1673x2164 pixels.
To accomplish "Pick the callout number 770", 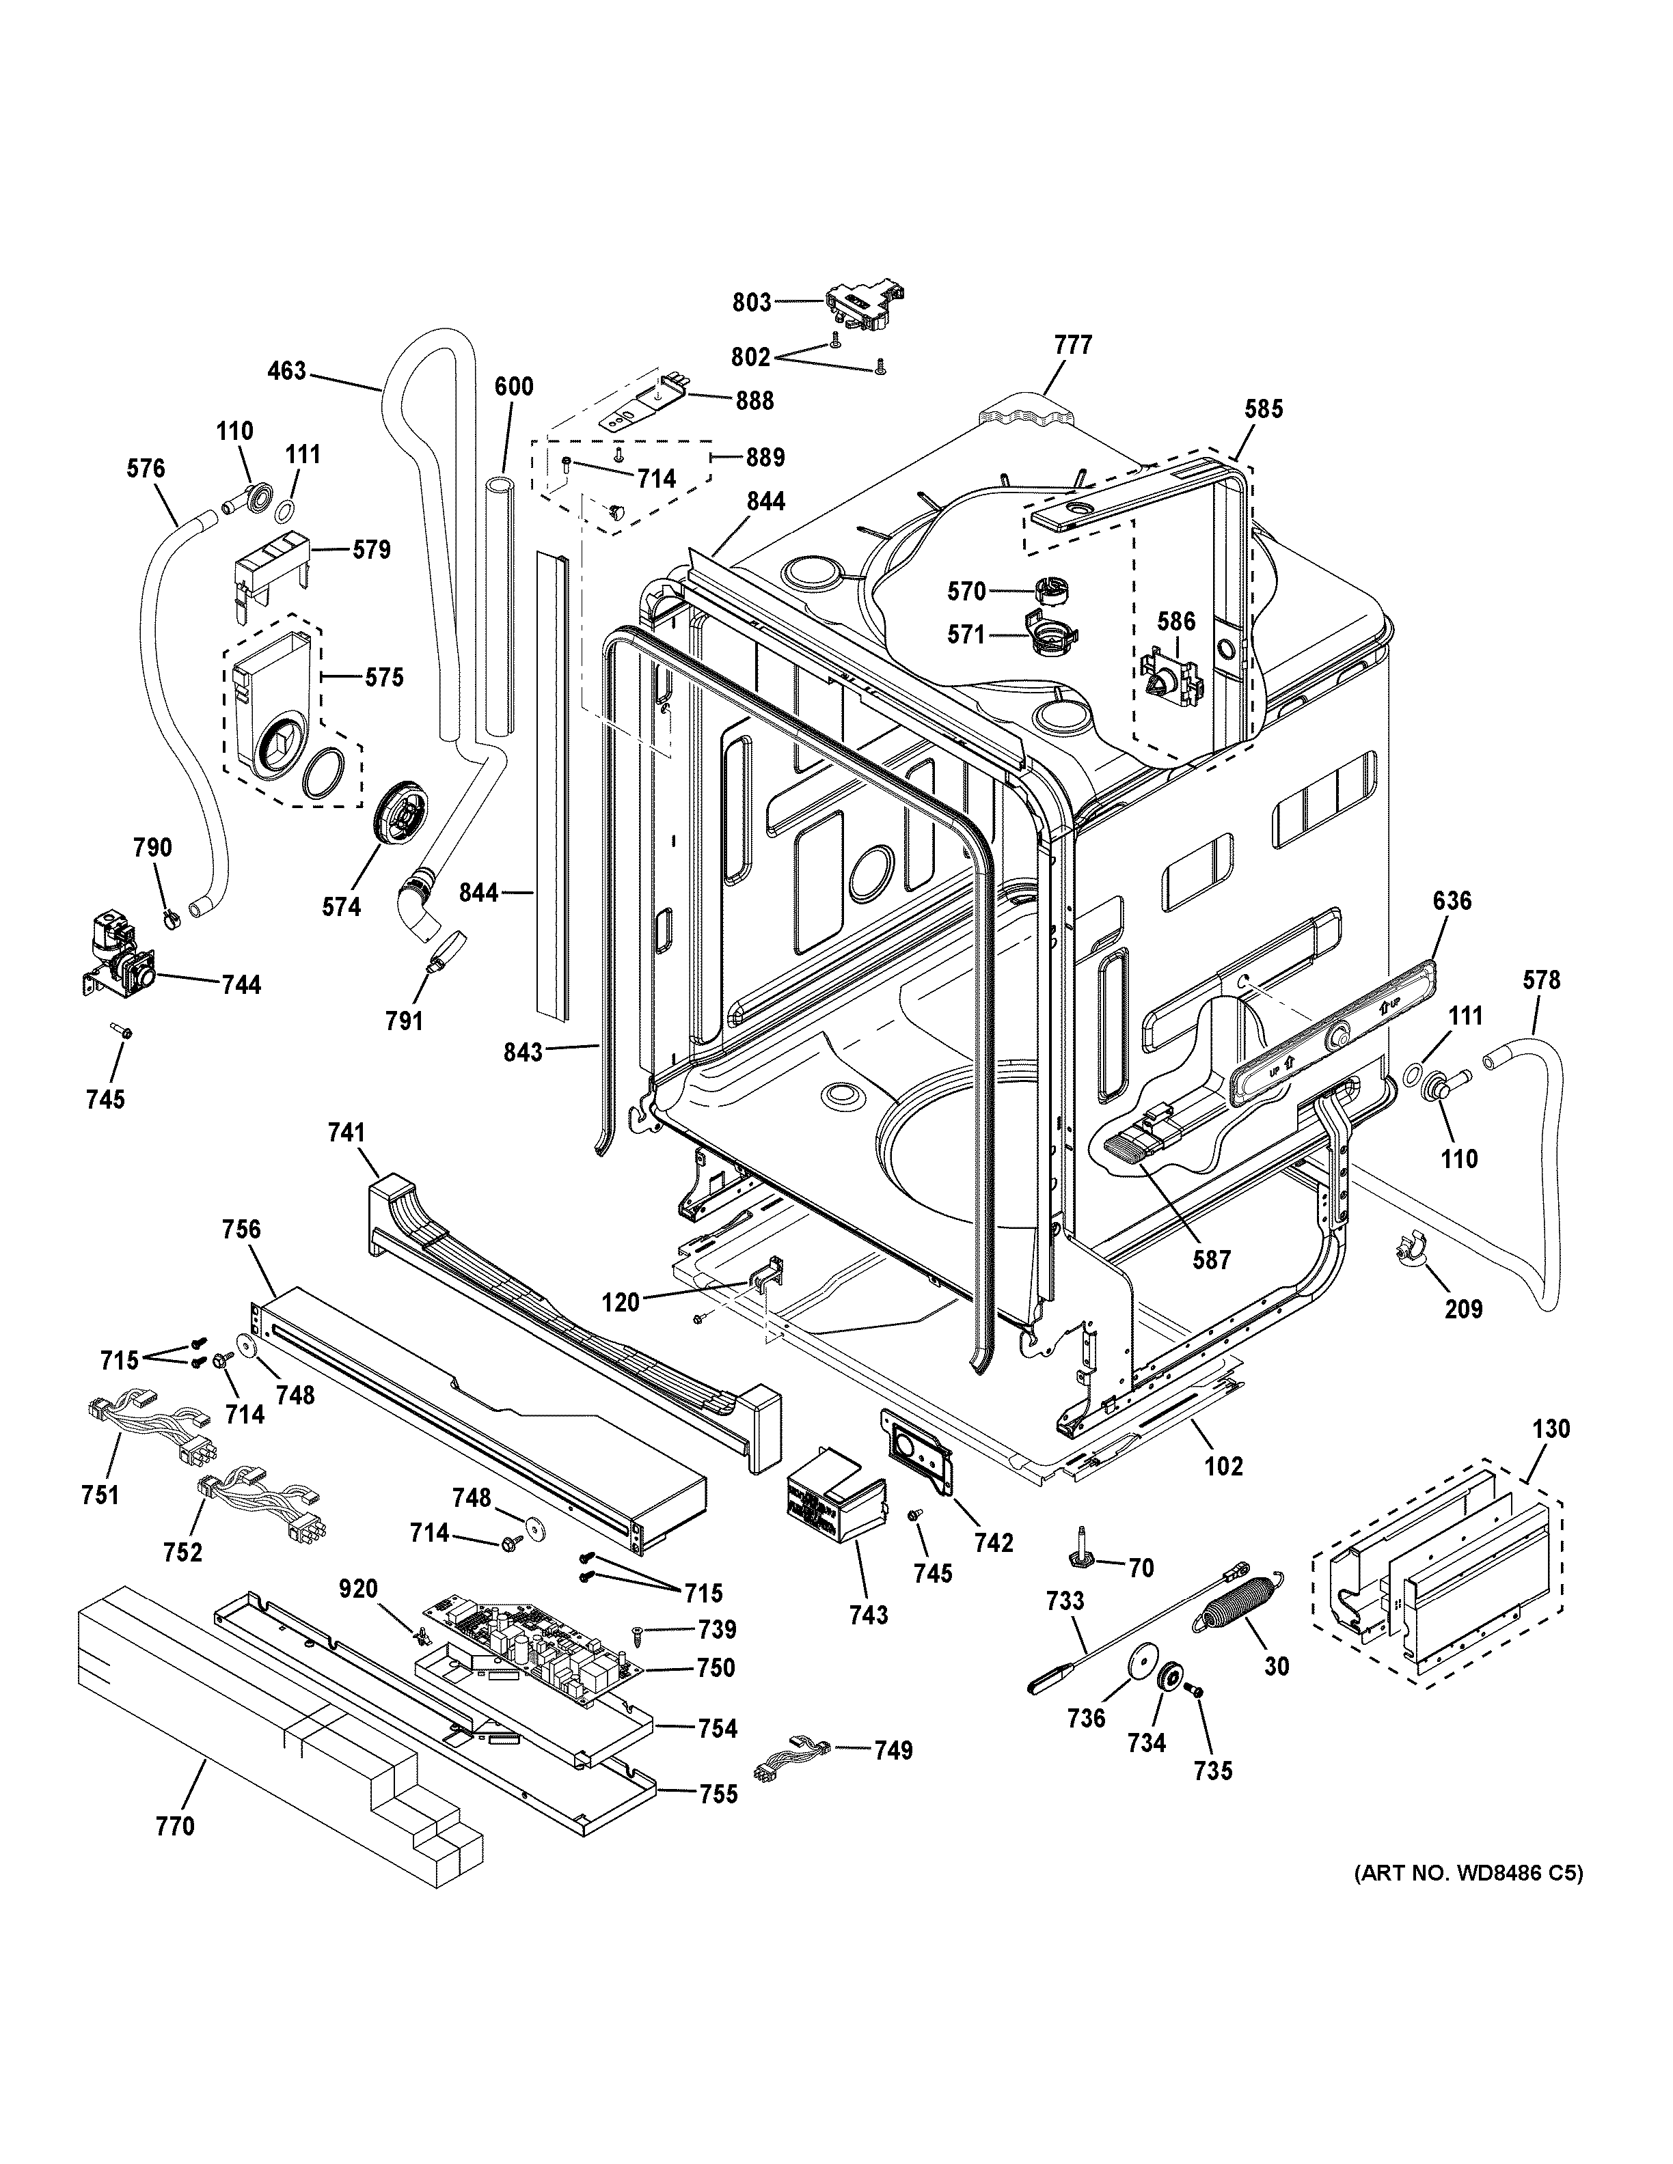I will tap(176, 1825).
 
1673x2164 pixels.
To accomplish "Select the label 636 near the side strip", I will tap(1452, 901).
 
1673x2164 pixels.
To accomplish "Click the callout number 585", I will tap(1263, 408).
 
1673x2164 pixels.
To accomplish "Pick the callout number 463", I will tap(286, 372).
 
